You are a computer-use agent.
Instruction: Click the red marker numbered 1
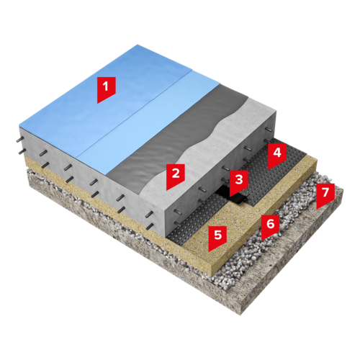[x=107, y=89]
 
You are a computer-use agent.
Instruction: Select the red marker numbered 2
[x=176, y=176]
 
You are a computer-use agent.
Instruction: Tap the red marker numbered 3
[x=239, y=182]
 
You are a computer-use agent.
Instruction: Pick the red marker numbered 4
[x=277, y=155]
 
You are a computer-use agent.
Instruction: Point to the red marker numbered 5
[x=217, y=237]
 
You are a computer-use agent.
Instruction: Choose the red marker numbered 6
[x=271, y=226]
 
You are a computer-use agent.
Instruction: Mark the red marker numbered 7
[x=325, y=195]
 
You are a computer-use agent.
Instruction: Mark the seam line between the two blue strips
[x=135, y=114]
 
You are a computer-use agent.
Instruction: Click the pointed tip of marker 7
[x=317, y=210]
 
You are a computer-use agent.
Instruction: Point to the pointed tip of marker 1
[x=97, y=104]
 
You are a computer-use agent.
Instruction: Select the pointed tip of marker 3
[x=230, y=197]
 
